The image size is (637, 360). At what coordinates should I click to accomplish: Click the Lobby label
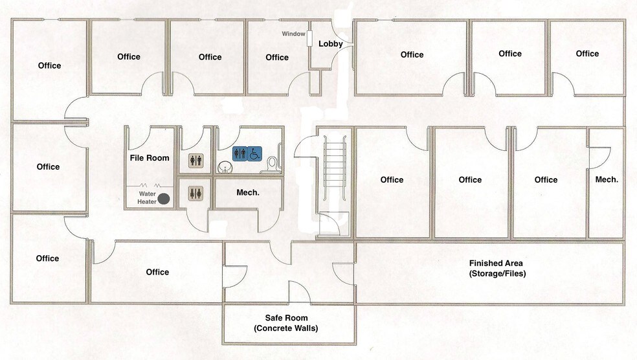330,44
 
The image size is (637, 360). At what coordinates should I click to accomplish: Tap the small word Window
293,34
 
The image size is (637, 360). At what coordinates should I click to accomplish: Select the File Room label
149,158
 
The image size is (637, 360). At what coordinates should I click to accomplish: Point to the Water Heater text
147,197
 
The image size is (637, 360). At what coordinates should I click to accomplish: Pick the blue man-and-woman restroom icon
240,153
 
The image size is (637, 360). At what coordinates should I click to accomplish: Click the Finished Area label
496,263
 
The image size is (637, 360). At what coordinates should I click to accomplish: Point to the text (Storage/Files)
497,273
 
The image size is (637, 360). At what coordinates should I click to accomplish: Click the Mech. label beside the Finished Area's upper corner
607,179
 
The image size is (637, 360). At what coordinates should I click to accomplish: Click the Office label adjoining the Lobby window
277,58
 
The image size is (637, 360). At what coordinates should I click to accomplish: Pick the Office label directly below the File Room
157,272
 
